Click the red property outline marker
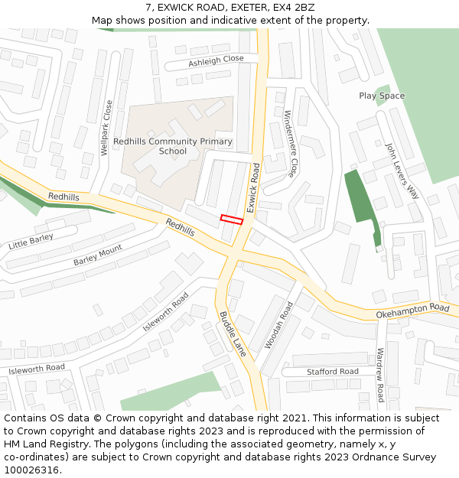pos(231,219)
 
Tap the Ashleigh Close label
pos(216,60)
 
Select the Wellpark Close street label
pos(108,128)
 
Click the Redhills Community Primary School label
pos(172,146)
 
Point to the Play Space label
pos(382,96)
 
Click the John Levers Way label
pos(402,171)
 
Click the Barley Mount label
pos(98,256)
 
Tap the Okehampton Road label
pos(412,311)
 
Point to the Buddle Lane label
pos(233,334)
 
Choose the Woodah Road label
pos(278,325)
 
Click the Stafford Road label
pos(332,372)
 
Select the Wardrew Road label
pos(380,375)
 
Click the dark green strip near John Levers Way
pos(358,199)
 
